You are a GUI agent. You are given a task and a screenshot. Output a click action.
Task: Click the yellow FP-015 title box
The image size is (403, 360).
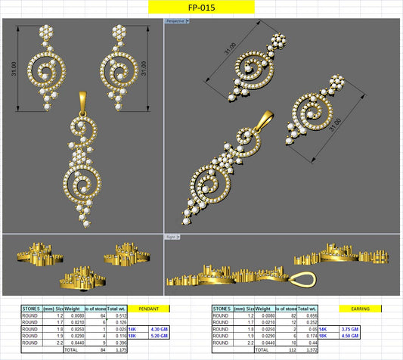(200, 8)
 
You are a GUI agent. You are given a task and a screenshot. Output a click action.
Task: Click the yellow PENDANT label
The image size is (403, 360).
(150, 309)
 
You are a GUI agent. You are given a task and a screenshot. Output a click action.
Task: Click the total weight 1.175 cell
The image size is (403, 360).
(116, 351)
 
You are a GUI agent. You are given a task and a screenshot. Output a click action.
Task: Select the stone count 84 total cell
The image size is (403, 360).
(99, 351)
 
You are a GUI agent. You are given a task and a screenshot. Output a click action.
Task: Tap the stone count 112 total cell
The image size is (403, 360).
(292, 351)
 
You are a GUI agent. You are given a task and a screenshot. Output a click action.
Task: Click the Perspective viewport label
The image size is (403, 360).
(177, 21)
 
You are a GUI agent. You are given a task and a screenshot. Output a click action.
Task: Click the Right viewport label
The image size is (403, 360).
(170, 237)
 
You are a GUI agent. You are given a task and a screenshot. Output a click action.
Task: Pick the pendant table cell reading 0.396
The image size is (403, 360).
(116, 343)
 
